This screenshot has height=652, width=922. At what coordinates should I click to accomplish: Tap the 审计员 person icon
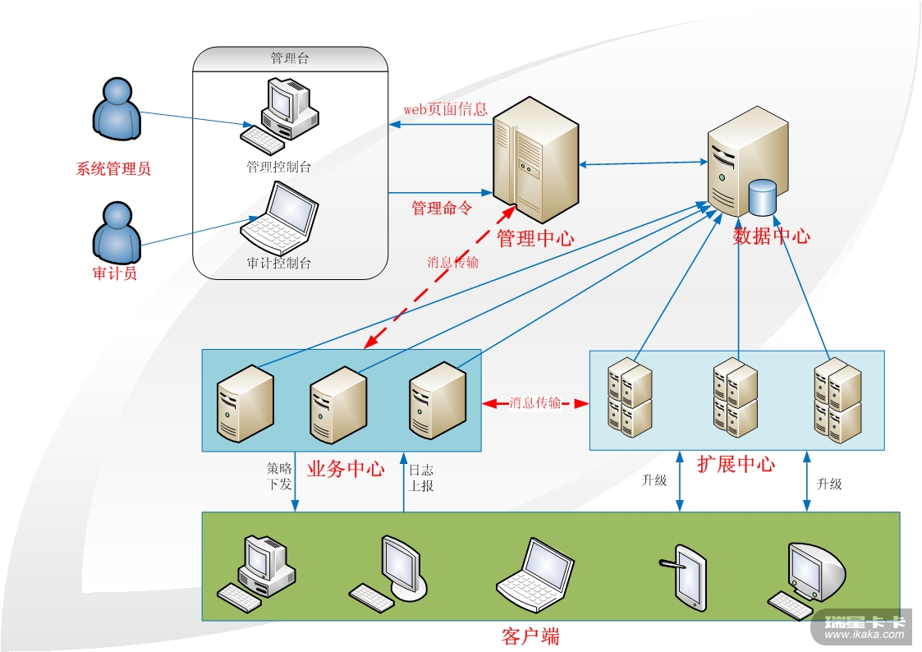pos(116,232)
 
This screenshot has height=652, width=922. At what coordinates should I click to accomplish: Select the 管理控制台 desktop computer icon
pos(280,111)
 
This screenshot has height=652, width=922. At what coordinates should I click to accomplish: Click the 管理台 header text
pos(290,58)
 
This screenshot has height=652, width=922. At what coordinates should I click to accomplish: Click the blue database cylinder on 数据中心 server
pos(762,197)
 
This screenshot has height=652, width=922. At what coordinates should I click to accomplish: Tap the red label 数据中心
pos(771,236)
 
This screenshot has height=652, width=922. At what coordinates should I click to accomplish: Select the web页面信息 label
pos(445,109)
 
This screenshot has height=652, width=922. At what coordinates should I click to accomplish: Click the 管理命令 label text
pos(442,209)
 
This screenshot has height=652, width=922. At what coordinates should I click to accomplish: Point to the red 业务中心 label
pos(346,470)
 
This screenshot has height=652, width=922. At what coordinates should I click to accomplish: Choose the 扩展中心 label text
pos(736,464)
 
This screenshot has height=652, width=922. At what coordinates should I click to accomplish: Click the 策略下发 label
pos(279,477)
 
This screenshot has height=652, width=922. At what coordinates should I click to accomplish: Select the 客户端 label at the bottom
pos(530,636)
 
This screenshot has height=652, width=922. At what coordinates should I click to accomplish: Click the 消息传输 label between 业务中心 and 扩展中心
pos(535,403)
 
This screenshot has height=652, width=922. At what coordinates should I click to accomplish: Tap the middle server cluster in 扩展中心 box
pos(736,397)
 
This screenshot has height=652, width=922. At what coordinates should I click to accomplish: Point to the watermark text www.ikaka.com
pos(864,634)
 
